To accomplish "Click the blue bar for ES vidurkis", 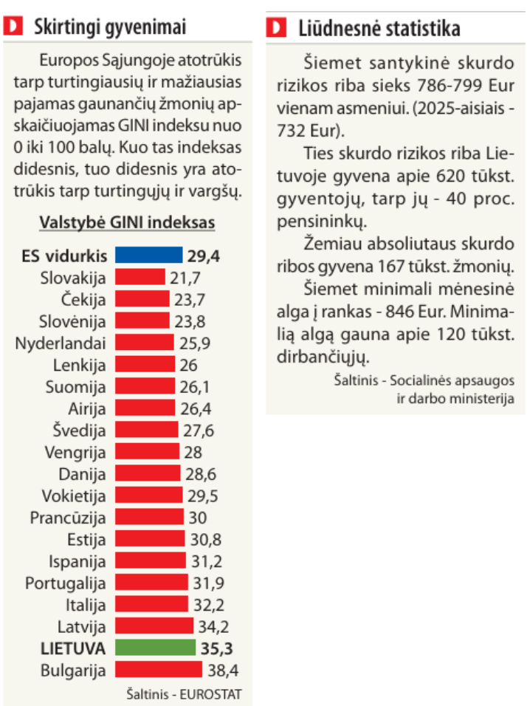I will pyautogui.click(x=148, y=256).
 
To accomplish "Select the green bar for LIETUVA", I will pyautogui.click(x=155, y=648).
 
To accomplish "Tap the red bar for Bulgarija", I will pyautogui.click(x=159, y=671).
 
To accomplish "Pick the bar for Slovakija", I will pyautogui.click(x=140, y=278).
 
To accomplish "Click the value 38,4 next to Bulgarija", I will pyautogui.click(x=223, y=671).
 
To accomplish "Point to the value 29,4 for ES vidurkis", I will pyautogui.click(x=204, y=256).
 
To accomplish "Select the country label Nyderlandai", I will pyautogui.click(x=61, y=343).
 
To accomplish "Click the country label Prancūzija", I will pyautogui.click(x=68, y=518).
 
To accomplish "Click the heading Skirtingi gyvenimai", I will pyautogui.click(x=110, y=28).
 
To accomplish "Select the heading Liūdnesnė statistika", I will pyautogui.click(x=379, y=29).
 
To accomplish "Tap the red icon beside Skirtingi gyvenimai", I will pyautogui.click(x=13, y=28).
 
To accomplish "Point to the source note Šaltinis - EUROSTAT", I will pyautogui.click(x=184, y=694).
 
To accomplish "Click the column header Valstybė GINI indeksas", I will pyautogui.click(x=126, y=222).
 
